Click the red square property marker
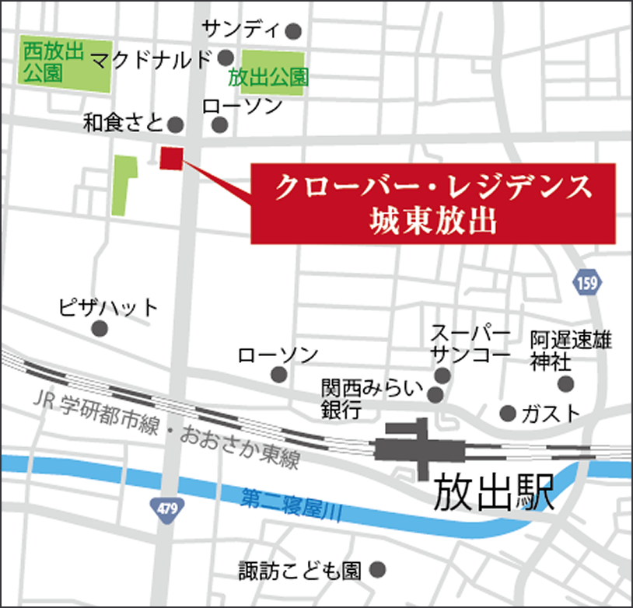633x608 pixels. pyautogui.click(x=170, y=158)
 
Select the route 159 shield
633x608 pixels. pyautogui.click(x=589, y=283)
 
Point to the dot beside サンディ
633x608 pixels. pyautogui.click(x=293, y=32)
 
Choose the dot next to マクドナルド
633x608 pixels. pyautogui.click(x=226, y=58)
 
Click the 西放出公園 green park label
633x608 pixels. pyautogui.click(x=54, y=62)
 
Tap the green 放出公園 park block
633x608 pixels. pyautogui.click(x=271, y=74)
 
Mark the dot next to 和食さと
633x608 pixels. pyautogui.click(x=176, y=124)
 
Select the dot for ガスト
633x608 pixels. pyautogui.click(x=508, y=412)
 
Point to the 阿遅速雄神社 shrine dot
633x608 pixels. pyautogui.click(x=565, y=383)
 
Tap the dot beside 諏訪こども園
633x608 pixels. pyautogui.click(x=379, y=571)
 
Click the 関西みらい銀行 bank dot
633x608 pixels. pyautogui.click(x=435, y=395)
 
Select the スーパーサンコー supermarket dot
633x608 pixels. pyautogui.click(x=442, y=376)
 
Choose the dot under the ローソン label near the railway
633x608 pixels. pyautogui.click(x=278, y=375)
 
